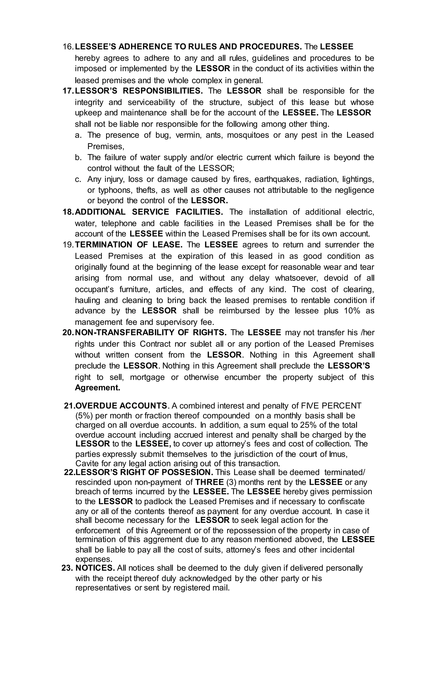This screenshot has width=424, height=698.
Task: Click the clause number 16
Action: [68, 47]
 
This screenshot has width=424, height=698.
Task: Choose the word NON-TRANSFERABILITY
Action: [124, 332]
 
